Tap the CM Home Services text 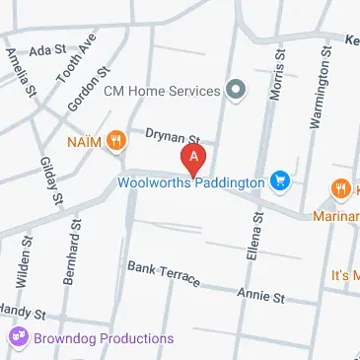click(162, 92)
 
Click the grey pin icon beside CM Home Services click(236, 91)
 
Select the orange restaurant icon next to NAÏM click(118, 140)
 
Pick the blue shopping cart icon click(282, 180)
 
